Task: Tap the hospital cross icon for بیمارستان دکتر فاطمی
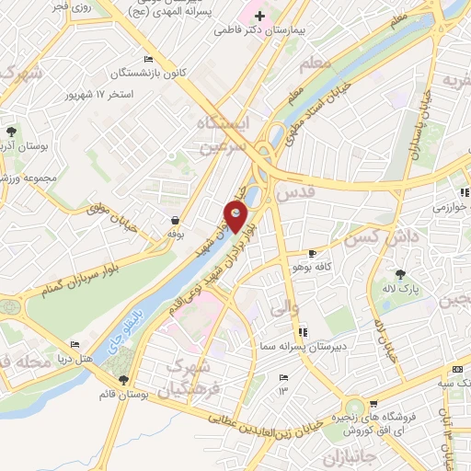[260, 16]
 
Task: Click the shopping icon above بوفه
[175, 220]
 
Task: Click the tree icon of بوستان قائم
[122, 380]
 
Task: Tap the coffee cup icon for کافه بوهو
[312, 253]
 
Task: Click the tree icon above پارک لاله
[400, 274]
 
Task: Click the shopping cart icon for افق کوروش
[373, 404]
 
